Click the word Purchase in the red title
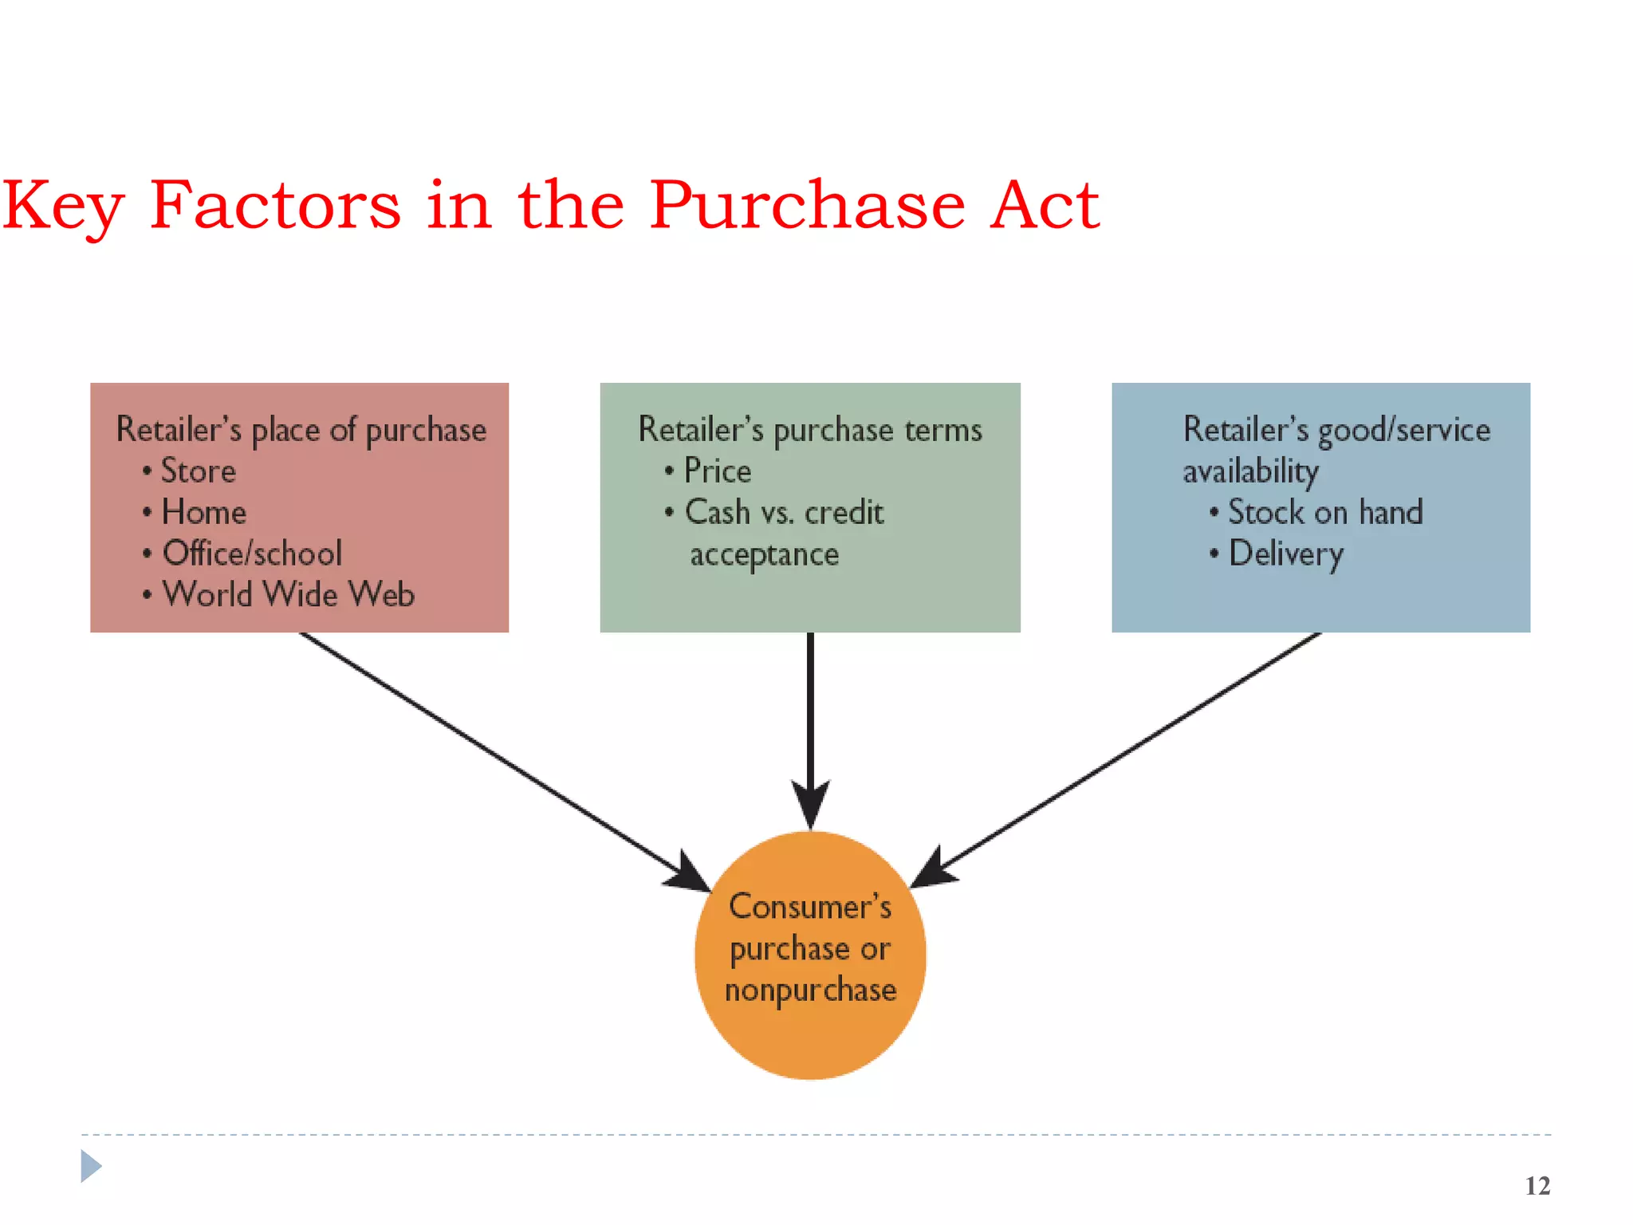tap(807, 206)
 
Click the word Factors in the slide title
tap(275, 206)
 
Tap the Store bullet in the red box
tap(198, 471)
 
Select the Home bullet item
tap(203, 512)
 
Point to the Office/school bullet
tap(252, 553)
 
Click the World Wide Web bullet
tap(288, 595)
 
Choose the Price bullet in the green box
tap(717, 471)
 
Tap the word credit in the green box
tap(844, 512)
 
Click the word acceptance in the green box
tap(764, 554)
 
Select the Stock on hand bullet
tap(1324, 512)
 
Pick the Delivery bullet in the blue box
tap(1285, 553)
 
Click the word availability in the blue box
tap(1250, 471)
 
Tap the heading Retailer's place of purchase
tap(301, 430)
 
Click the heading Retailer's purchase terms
tap(809, 430)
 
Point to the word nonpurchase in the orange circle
tap(810, 991)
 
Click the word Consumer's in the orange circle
tap(810, 907)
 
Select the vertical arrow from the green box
tap(810, 718)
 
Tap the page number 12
tap(1537, 1186)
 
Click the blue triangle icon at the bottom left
tap(91, 1166)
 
